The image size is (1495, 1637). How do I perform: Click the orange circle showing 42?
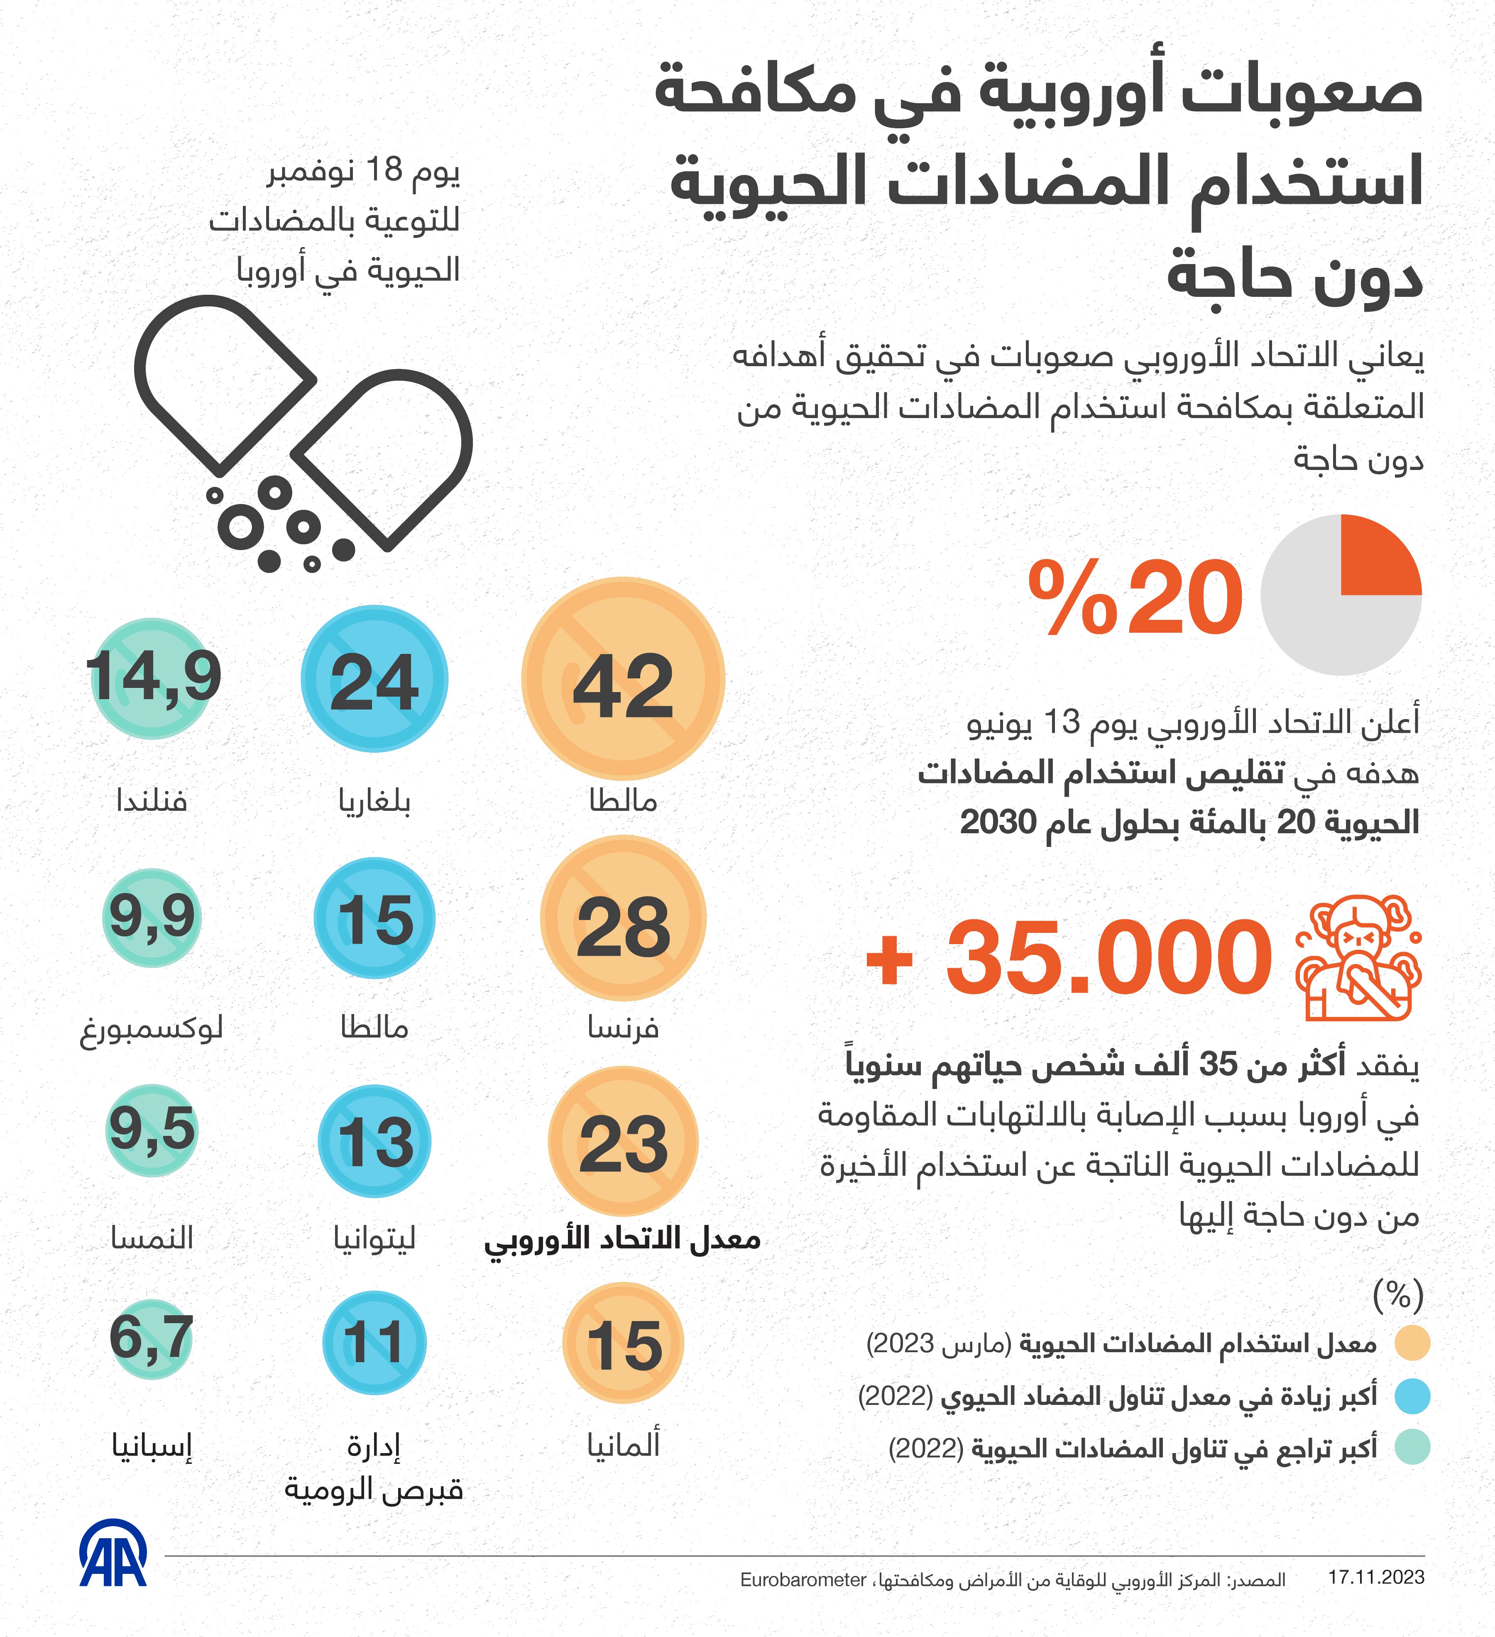[x=623, y=678]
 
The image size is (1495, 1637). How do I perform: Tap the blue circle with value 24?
[x=374, y=678]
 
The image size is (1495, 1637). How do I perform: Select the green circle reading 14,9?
[x=152, y=678]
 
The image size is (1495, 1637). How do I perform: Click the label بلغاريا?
[x=374, y=801]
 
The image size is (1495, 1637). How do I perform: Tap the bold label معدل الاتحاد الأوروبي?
[x=623, y=1240]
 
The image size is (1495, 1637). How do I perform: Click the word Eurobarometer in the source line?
[x=803, y=1579]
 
